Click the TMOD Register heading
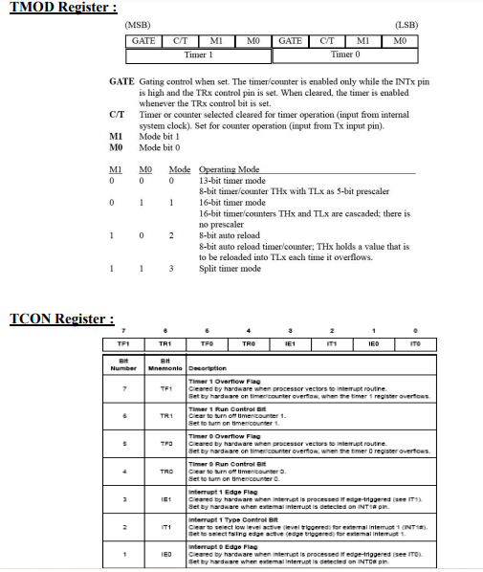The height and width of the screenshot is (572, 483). [63, 8]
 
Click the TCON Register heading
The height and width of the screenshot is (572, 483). [61, 318]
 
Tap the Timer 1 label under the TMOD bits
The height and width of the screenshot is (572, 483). [198, 55]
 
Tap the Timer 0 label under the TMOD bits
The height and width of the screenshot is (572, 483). [345, 55]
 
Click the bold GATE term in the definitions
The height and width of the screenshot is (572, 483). [121, 81]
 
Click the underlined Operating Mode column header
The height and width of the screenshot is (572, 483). [230, 169]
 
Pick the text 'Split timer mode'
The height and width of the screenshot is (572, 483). [230, 269]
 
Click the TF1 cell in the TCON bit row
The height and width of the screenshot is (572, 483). [122, 342]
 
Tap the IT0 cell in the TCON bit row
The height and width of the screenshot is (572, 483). [414, 342]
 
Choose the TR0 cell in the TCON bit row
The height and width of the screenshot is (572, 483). [249, 342]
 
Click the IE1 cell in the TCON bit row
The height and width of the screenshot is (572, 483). [290, 342]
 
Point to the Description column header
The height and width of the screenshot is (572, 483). [208, 367]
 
